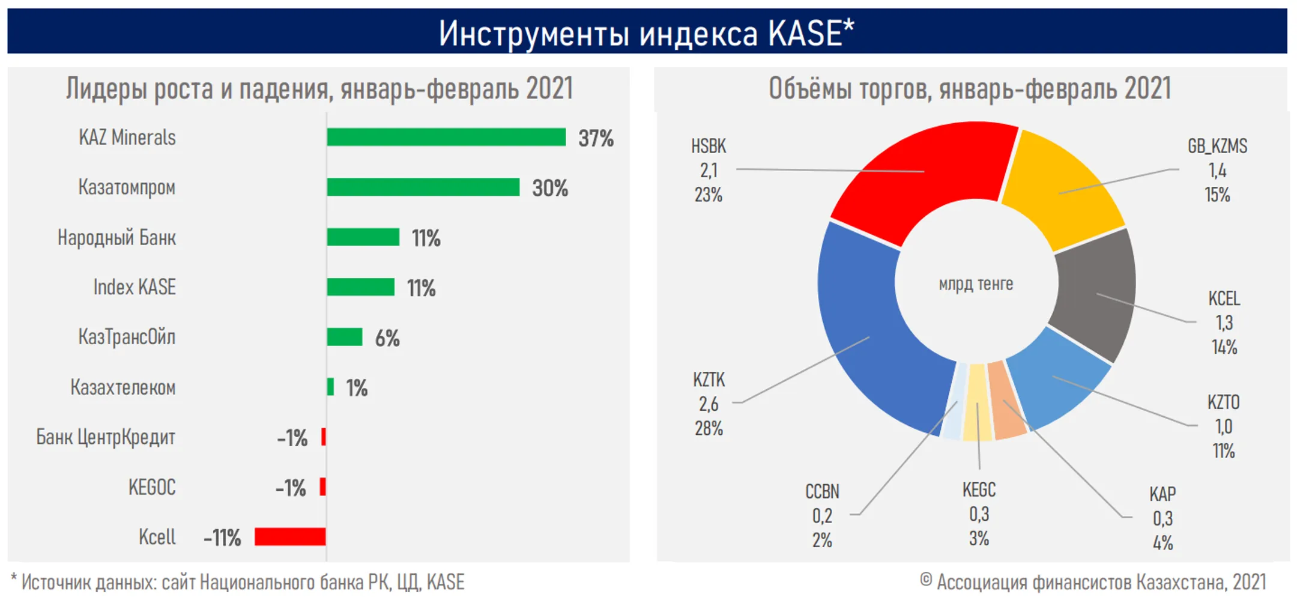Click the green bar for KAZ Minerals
(446, 138)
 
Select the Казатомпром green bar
(423, 187)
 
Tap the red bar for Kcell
(290, 536)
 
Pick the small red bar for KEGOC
(323, 486)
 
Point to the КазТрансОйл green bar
(345, 337)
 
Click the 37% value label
(596, 139)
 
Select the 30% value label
(550, 189)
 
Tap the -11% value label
(222, 538)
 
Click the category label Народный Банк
(117, 238)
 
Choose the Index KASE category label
(135, 287)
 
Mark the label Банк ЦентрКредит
(106, 437)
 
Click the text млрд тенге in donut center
(976, 284)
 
